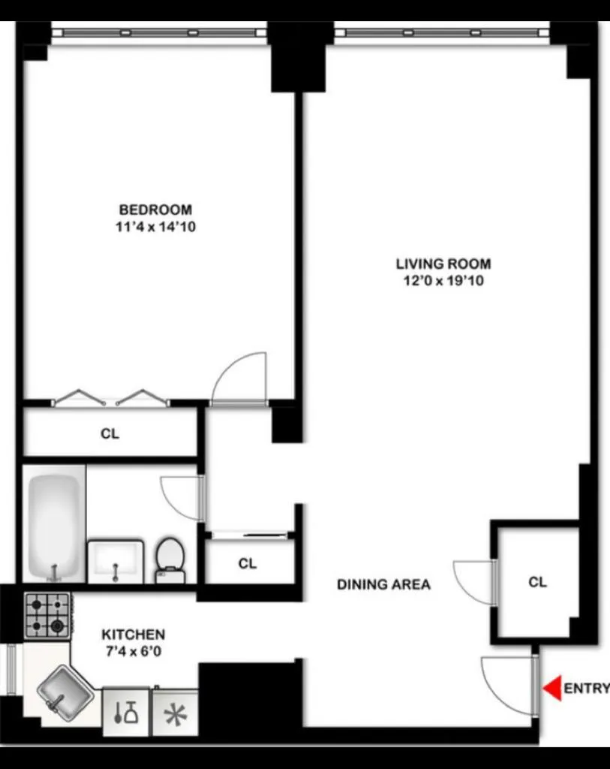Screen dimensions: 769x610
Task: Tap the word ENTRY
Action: click(x=586, y=689)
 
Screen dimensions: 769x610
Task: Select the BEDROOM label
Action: click(x=155, y=210)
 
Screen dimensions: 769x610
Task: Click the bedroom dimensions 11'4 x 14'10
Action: click(x=155, y=227)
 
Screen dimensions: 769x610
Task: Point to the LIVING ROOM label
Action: click(x=443, y=264)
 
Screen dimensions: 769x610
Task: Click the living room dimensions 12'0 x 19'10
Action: click(x=443, y=281)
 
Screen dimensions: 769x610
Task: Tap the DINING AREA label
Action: click(x=383, y=584)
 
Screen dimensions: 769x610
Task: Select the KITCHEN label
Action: click(x=134, y=635)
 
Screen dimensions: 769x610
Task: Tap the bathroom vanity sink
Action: click(x=115, y=560)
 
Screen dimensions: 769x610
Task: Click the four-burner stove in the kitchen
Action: click(x=47, y=615)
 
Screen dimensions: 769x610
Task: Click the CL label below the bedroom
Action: click(x=110, y=433)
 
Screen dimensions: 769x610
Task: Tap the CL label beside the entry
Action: click(x=537, y=582)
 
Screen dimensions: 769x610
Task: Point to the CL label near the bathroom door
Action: click(x=248, y=563)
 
